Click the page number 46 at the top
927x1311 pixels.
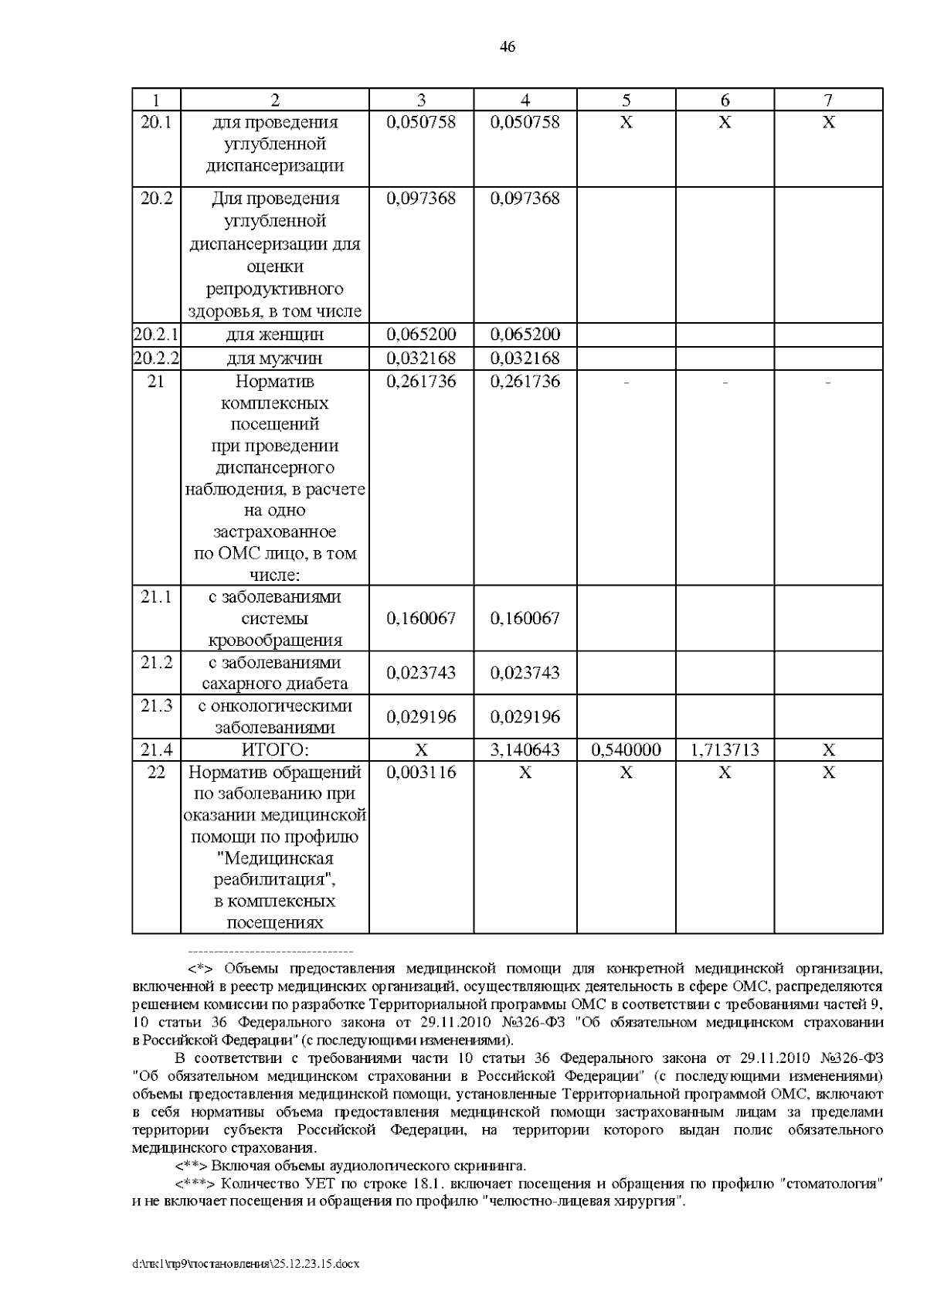[x=508, y=48]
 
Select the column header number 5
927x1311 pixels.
[x=626, y=100]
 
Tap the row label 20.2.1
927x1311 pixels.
[x=156, y=335]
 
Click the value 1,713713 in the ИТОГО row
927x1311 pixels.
[x=725, y=750]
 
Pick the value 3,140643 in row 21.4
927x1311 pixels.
[x=525, y=750]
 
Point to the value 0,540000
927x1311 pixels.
[x=626, y=750]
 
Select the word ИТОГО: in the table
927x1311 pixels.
[x=275, y=750]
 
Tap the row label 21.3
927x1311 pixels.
[x=156, y=706]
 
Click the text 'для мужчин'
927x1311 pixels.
[x=275, y=359]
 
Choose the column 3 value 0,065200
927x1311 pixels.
[x=421, y=335]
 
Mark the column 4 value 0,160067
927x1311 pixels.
[x=525, y=619]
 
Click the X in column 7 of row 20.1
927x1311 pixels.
[x=828, y=123]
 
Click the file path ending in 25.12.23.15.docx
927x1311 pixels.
[x=247, y=1265]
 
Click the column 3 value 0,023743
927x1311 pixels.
[x=421, y=673]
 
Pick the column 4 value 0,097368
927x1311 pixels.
[x=525, y=199]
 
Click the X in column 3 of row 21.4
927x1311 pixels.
[x=421, y=750]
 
